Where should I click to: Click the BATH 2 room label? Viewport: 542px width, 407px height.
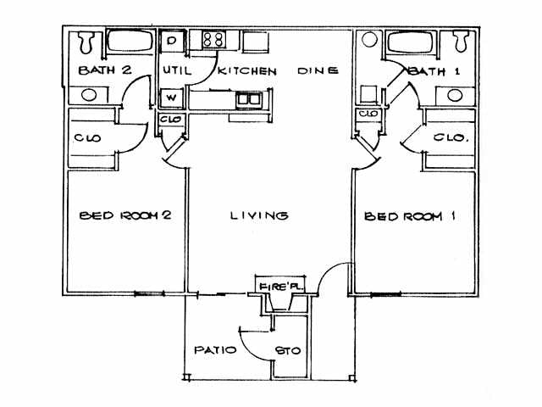[104, 70]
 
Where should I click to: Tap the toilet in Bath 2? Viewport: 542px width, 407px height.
[85, 41]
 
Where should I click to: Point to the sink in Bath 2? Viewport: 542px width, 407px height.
[88, 95]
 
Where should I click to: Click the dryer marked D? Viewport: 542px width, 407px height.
[172, 40]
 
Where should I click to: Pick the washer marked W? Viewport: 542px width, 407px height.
[172, 98]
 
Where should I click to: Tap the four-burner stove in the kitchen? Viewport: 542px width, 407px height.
[212, 39]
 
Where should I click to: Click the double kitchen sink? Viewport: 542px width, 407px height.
[248, 99]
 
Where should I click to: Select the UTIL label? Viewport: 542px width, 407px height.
[175, 71]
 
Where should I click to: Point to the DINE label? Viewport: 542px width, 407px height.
[318, 71]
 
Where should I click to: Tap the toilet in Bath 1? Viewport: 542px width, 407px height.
[460, 41]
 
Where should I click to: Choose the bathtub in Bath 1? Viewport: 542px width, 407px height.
[411, 42]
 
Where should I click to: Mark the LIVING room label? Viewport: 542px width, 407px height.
[259, 216]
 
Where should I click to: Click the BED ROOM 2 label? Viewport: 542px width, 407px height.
[125, 216]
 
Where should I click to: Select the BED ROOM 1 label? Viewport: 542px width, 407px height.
[410, 217]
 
